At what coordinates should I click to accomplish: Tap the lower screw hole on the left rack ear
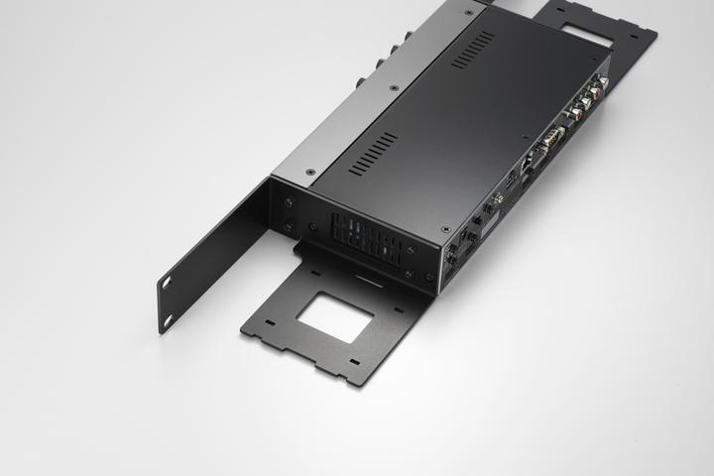click(x=168, y=318)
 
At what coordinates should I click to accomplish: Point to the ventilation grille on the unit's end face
click(x=368, y=239)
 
